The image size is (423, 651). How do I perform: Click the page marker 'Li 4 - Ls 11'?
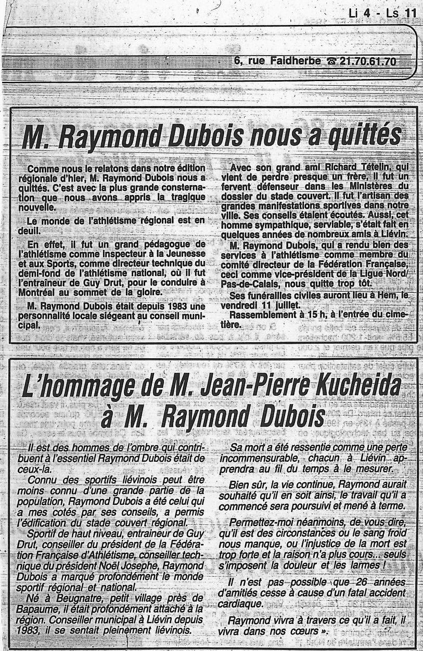(x=383, y=14)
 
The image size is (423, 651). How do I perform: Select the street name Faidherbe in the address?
(x=295, y=61)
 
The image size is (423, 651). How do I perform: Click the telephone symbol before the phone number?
(x=331, y=62)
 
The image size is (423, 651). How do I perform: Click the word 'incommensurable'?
(x=257, y=458)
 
